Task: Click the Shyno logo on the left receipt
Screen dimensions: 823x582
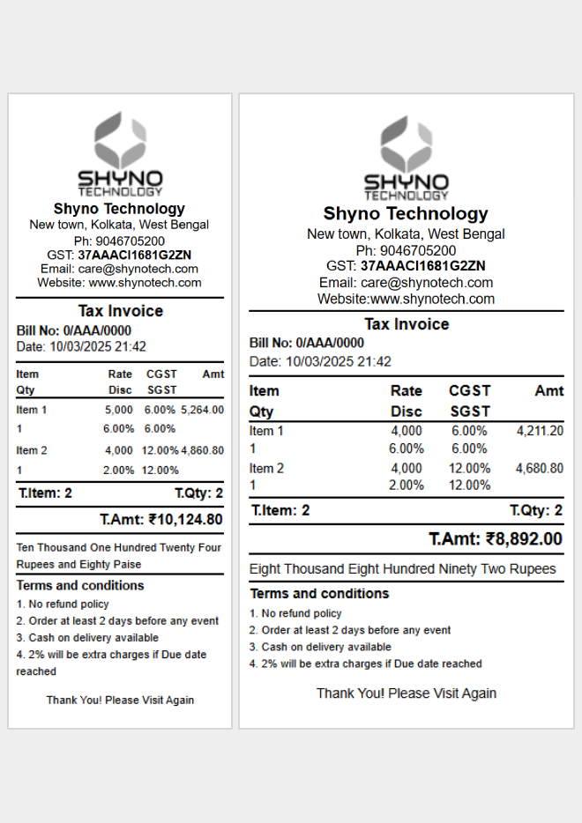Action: coord(120,154)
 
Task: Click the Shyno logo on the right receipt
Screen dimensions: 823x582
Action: coord(407,159)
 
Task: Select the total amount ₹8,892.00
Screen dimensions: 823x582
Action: coord(496,538)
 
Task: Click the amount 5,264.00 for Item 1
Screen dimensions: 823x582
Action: coord(202,410)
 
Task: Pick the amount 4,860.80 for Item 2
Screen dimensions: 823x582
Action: coord(202,450)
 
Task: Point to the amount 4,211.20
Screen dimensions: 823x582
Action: coord(540,431)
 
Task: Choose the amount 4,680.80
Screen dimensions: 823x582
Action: coord(540,468)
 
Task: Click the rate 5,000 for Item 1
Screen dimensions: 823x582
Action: coord(119,410)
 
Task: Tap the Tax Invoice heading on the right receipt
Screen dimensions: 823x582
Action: coord(407,324)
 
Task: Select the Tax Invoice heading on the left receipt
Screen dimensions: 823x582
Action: coord(120,311)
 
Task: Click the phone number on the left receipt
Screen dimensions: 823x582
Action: coord(119,241)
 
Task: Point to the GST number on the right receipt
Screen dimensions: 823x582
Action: coord(422,266)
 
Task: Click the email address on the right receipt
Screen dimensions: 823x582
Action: coord(427,283)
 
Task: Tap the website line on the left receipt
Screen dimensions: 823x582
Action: coord(119,283)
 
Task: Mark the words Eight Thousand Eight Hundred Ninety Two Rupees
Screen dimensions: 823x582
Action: coord(403,569)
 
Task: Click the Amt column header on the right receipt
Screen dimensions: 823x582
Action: coord(548,390)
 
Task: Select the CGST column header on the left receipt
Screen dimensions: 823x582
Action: coord(161,374)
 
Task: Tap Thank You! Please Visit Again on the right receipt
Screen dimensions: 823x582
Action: coord(407,693)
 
